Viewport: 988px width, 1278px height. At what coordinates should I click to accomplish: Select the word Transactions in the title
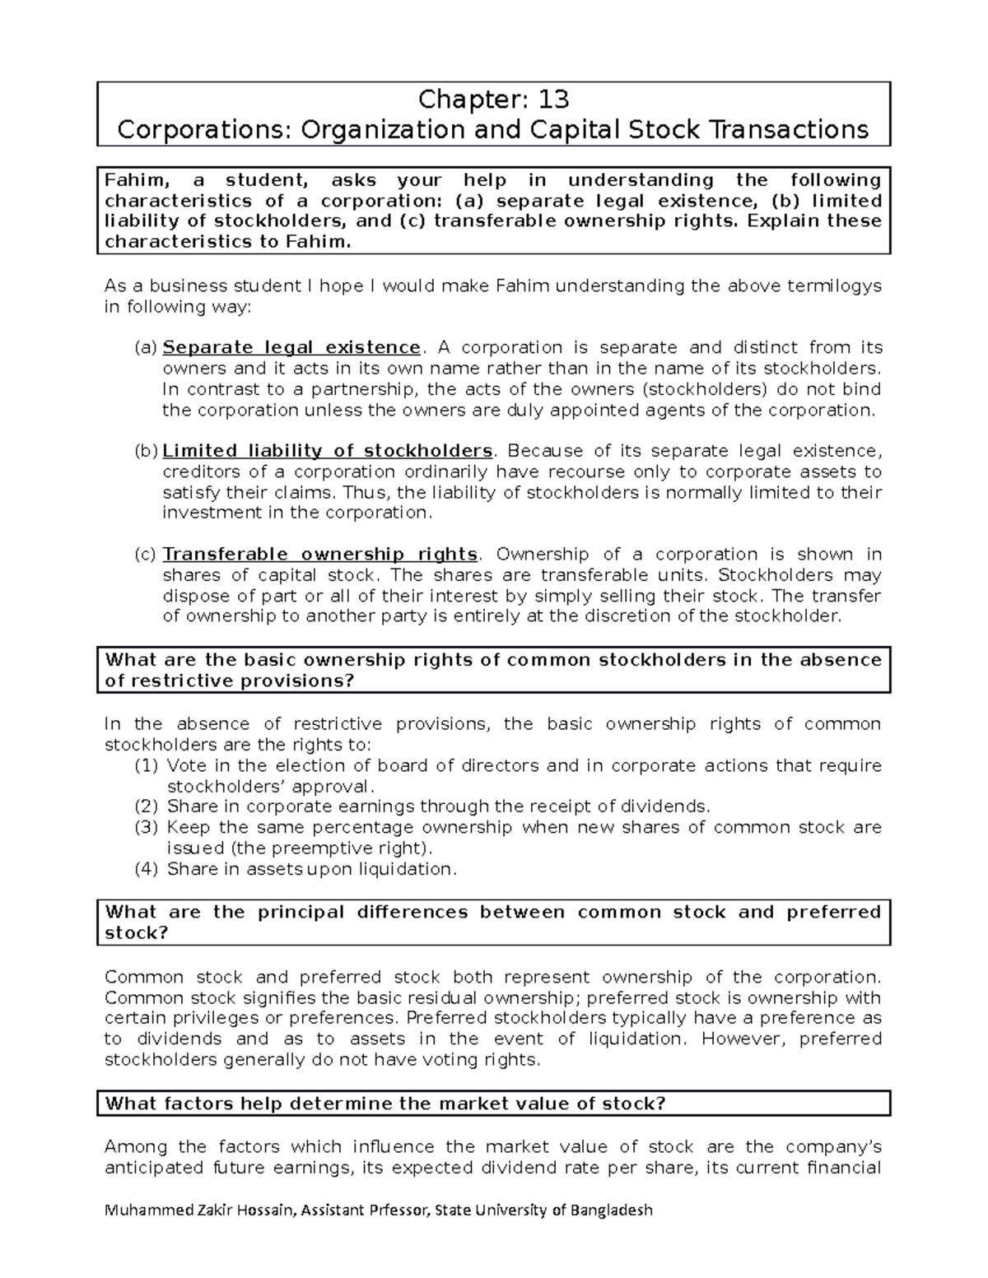tap(795, 130)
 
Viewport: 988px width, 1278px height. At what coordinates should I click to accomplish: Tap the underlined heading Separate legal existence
tap(291, 348)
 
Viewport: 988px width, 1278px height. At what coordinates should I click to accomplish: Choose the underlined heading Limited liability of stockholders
tap(328, 451)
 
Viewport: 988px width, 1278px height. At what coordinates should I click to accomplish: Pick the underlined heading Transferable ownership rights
tap(319, 555)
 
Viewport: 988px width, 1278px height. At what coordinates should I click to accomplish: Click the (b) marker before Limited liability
tap(145, 451)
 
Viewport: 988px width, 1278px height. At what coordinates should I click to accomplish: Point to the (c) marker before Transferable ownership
tap(145, 555)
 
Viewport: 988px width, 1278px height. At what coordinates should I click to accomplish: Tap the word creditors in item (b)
tap(198, 472)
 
